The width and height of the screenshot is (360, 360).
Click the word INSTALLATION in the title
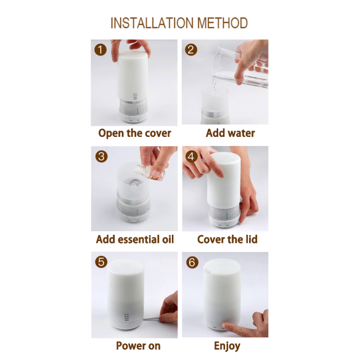(152, 23)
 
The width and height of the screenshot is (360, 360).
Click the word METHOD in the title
(223, 23)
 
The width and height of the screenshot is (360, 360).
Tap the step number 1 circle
(100, 50)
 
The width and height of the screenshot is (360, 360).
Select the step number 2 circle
(191, 50)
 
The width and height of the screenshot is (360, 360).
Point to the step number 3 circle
(101, 157)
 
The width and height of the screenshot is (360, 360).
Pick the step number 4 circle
(191, 157)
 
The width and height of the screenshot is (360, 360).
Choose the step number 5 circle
(101, 262)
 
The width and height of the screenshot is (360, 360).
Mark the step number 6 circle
(192, 262)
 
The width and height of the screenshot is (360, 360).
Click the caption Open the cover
(134, 133)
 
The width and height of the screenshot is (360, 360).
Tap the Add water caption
(231, 133)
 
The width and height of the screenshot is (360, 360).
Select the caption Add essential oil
(135, 239)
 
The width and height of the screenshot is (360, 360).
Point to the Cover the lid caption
(227, 239)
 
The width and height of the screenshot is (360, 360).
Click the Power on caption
(138, 346)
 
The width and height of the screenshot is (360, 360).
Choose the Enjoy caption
(227, 346)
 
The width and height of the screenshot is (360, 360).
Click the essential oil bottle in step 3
(149, 173)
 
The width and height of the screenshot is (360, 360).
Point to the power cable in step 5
(152, 319)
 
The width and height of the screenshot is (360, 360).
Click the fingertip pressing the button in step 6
(224, 326)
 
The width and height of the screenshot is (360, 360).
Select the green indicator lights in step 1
(137, 111)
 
